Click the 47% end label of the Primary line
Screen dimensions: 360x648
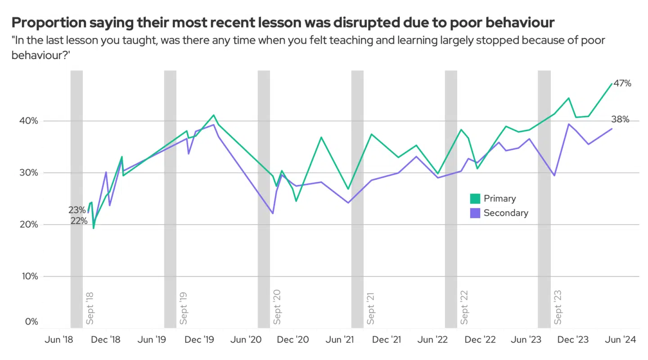[x=622, y=83]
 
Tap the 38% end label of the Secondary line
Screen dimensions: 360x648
[x=620, y=119]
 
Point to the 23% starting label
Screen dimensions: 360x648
[x=77, y=210]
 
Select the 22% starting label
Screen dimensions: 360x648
[x=79, y=220]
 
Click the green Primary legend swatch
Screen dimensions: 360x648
[x=475, y=198]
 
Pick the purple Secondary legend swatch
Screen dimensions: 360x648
[x=475, y=213]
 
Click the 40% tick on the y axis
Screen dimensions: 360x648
[x=29, y=121]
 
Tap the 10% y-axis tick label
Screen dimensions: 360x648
[x=29, y=276]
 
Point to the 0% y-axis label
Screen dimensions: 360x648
[x=31, y=322]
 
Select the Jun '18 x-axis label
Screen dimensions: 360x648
[x=59, y=340]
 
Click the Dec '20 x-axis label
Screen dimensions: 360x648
[x=293, y=340]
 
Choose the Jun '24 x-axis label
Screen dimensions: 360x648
[x=621, y=340]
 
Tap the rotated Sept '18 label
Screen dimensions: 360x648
[x=90, y=308]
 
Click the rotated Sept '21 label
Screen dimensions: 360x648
[x=371, y=308]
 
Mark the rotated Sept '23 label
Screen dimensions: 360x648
[x=558, y=308]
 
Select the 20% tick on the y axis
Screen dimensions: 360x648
[x=29, y=225]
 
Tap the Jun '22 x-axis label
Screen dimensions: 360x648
[x=433, y=340]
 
